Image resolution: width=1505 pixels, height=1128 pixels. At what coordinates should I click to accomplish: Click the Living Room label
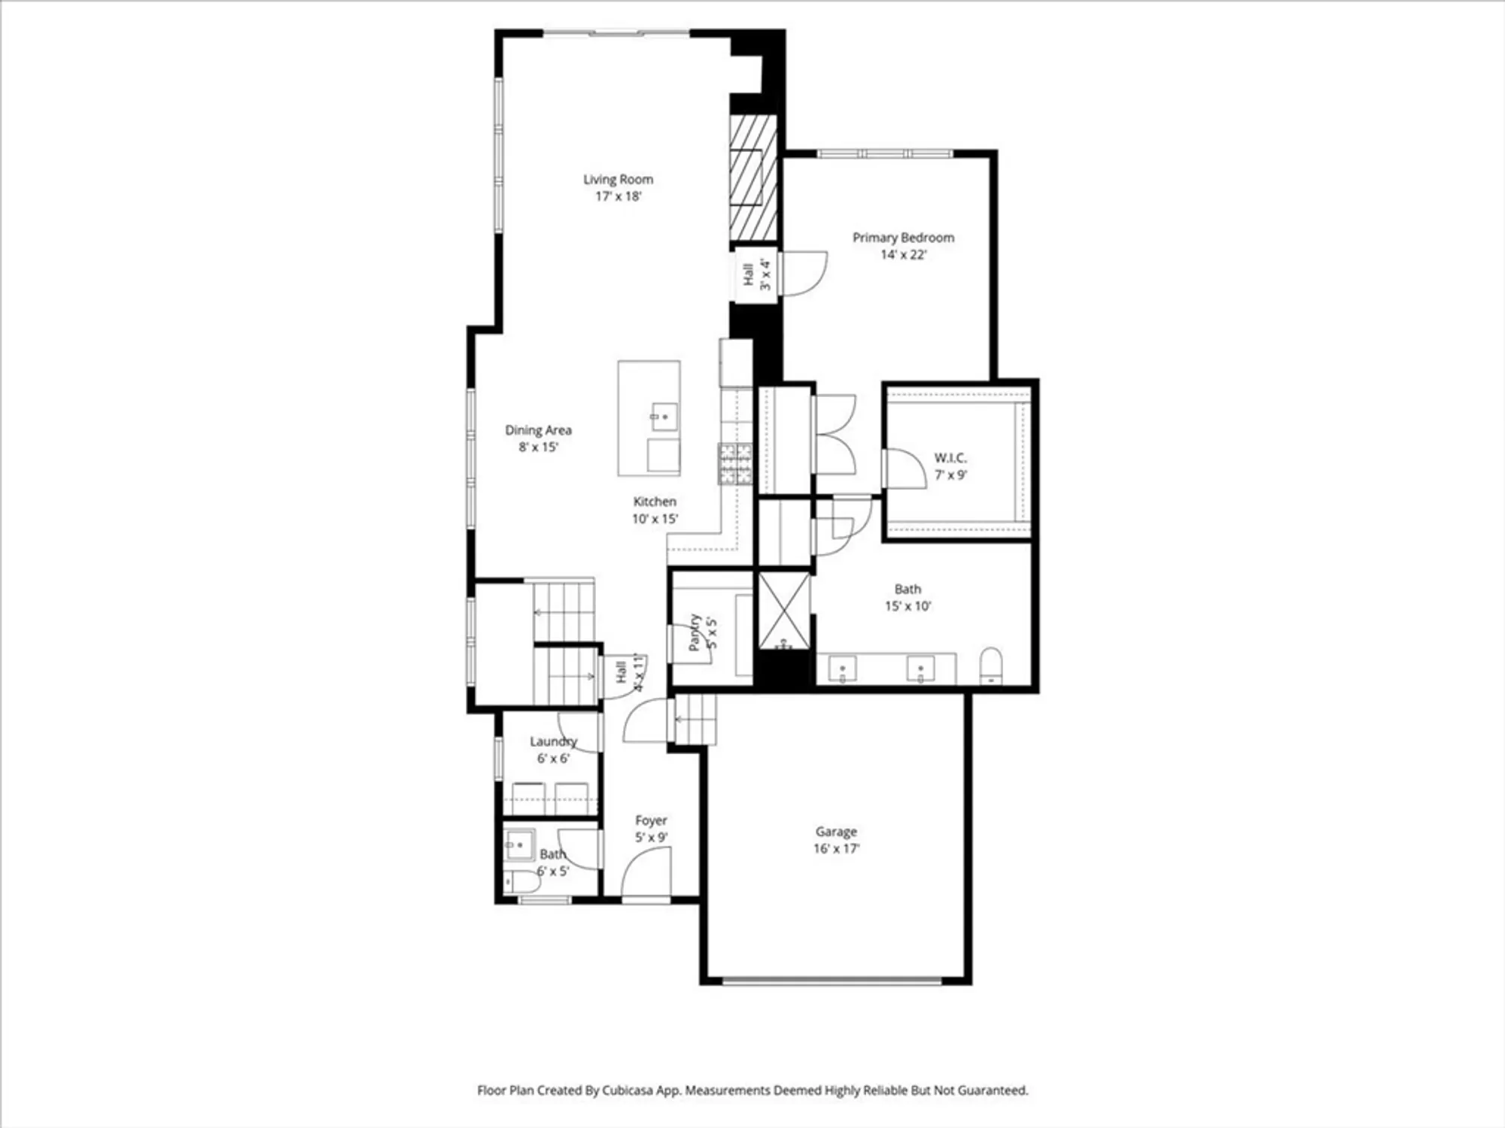point(618,179)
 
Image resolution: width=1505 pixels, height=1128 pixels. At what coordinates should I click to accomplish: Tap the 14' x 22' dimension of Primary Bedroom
point(903,255)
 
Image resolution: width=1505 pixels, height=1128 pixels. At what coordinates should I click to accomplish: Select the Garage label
point(836,832)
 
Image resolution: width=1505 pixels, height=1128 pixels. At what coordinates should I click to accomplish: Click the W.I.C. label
point(950,457)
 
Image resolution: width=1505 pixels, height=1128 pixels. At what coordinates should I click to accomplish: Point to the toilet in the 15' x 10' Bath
point(991,666)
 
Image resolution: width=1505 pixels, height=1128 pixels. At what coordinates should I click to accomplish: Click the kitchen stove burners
point(734,463)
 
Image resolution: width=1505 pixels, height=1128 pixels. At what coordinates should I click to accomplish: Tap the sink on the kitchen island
point(664,417)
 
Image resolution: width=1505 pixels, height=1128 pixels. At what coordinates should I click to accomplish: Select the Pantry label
point(695,632)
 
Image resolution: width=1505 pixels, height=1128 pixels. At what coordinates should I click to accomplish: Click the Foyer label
point(651,820)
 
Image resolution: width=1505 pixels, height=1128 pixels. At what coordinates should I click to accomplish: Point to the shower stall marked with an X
point(783,610)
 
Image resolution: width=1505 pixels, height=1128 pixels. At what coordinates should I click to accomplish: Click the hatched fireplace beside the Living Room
point(752,177)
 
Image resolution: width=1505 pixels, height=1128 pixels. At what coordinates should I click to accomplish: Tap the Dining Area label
point(538,430)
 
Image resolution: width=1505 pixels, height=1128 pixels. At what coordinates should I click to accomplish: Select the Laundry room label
point(553,741)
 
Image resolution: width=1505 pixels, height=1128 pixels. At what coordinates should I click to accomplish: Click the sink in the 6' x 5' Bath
point(518,845)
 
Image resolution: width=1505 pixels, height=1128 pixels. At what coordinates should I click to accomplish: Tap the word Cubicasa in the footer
point(628,1090)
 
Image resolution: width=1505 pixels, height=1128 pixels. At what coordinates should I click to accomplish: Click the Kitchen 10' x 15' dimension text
point(655,519)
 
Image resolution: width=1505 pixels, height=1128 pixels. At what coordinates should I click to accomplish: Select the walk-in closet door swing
point(905,469)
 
